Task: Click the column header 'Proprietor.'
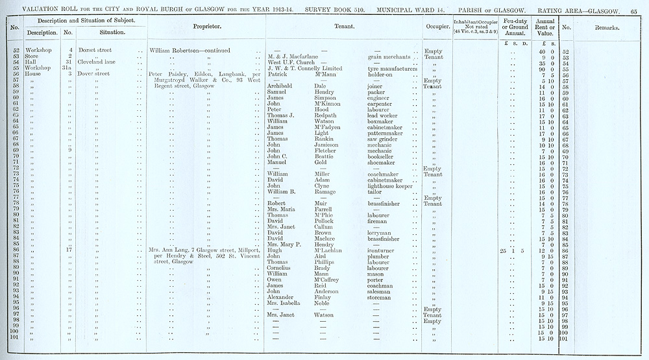[x=208, y=29]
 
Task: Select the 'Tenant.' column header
[x=343, y=29]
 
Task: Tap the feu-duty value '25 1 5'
[x=511, y=250]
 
